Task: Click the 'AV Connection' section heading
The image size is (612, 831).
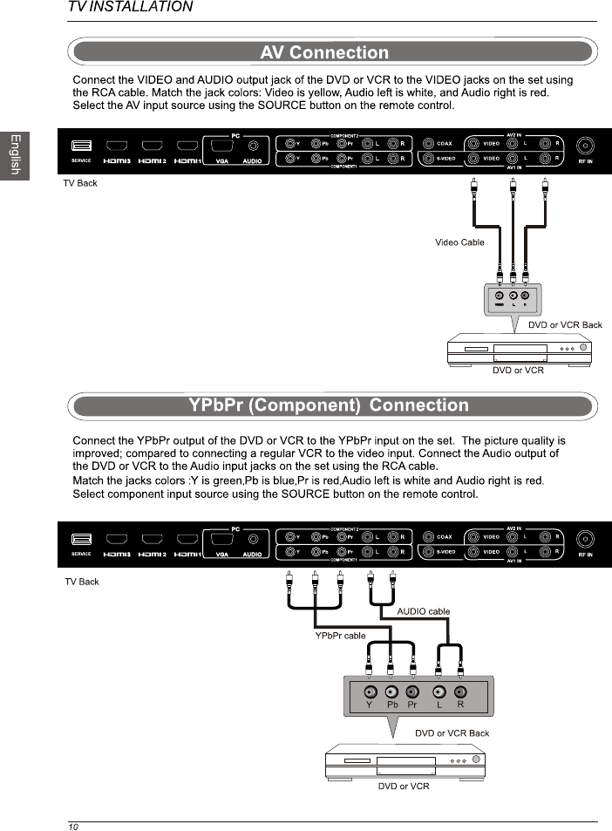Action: pos(324,53)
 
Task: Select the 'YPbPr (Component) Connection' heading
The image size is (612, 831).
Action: pos(329,405)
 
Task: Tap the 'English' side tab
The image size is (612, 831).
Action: pos(14,154)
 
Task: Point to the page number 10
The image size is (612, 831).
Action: pos(73,826)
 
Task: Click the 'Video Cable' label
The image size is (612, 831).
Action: pos(459,242)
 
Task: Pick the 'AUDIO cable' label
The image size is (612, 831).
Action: pos(423,611)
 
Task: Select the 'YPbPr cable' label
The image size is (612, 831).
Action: pos(340,636)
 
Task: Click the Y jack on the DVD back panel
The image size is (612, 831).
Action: pos(370,692)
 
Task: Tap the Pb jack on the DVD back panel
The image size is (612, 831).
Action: pos(391,692)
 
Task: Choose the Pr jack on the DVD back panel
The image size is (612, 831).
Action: pos(412,692)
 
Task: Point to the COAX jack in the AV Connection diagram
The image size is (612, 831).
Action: pos(429,144)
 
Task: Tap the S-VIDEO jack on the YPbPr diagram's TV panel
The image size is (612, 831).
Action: pos(429,552)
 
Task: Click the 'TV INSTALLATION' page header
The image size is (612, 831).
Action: pos(131,7)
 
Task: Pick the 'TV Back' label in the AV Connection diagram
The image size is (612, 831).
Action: pos(80,183)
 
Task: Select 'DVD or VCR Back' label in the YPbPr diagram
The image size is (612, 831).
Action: pos(452,733)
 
